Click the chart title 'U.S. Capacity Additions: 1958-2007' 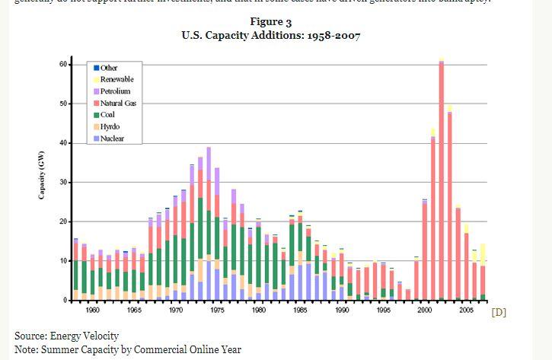tap(271, 35)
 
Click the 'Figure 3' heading tap(271, 21)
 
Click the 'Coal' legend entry tap(107, 115)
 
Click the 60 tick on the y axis tap(65, 64)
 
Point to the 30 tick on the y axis tap(65, 183)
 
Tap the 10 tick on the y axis tap(65, 261)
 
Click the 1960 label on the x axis tap(93, 311)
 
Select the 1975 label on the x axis tap(217, 311)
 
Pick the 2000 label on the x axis tap(424, 311)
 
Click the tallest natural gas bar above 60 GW tap(442, 175)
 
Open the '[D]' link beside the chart tap(499, 312)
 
